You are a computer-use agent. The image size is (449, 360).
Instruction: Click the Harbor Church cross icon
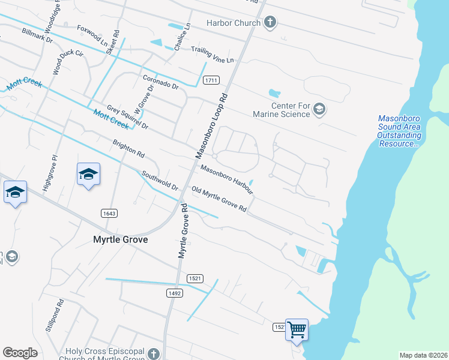tap(270, 23)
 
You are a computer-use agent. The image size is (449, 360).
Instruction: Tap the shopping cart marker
tap(297, 329)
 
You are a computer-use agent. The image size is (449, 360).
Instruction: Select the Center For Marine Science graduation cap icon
tap(319, 109)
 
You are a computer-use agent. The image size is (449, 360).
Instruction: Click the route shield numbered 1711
tap(211, 80)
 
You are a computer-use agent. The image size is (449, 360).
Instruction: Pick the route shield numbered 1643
tap(109, 213)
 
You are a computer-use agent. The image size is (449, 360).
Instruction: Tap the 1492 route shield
tap(173, 292)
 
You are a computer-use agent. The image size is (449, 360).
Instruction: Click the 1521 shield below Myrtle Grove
tap(194, 278)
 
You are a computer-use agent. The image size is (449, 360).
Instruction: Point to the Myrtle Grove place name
tap(120, 239)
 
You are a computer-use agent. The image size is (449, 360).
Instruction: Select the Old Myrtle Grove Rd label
tap(219, 200)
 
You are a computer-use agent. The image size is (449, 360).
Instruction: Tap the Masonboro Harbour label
tap(226, 179)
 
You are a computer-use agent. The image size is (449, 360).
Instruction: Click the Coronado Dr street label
tap(161, 82)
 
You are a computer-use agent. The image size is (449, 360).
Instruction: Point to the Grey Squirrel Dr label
tap(127, 117)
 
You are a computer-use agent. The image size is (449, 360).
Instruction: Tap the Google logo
tap(20, 353)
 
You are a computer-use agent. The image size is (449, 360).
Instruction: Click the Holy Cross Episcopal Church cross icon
tap(154, 353)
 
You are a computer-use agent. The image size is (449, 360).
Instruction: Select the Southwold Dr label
tap(160, 181)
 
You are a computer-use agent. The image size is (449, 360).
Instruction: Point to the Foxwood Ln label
tap(92, 35)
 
